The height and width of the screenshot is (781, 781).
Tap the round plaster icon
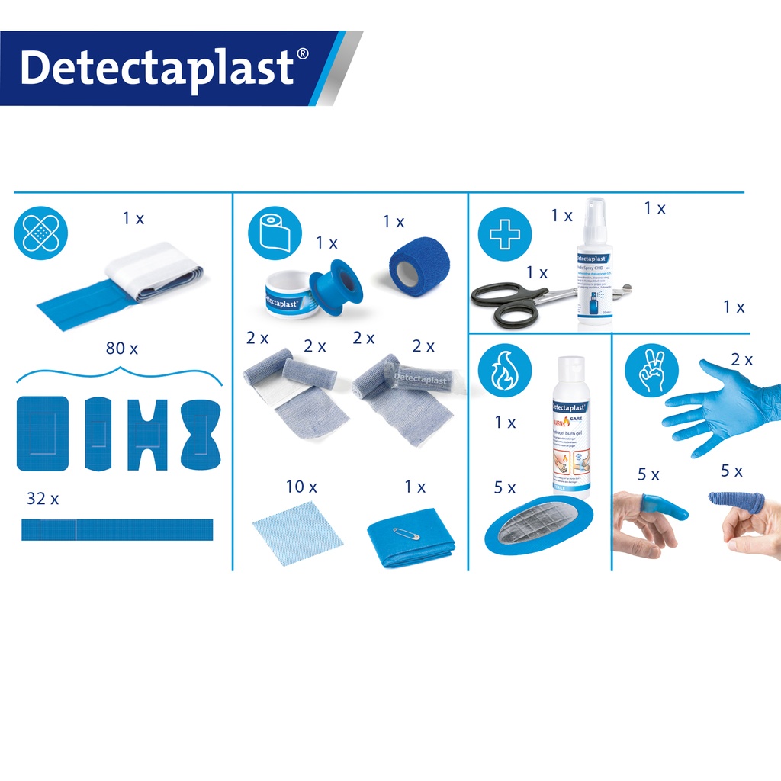tap(41, 233)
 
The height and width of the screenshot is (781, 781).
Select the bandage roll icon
tap(272, 233)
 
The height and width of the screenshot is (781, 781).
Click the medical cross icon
tap(504, 235)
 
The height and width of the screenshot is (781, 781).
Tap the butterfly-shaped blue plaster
tap(201, 433)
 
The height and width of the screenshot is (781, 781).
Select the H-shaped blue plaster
tap(148, 433)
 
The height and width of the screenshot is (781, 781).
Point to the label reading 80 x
tap(121, 349)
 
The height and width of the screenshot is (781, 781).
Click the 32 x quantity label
tap(43, 499)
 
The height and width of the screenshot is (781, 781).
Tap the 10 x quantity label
tap(301, 486)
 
